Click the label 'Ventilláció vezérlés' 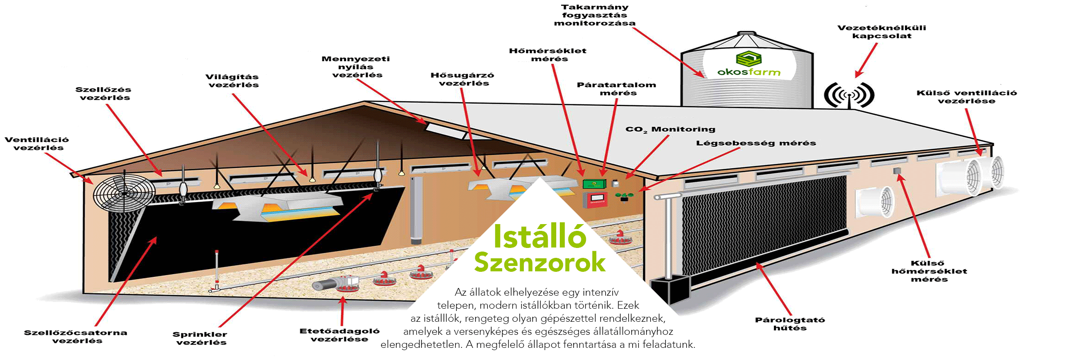click(x=37, y=144)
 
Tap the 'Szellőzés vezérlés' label click(x=103, y=94)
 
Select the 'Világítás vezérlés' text click(x=232, y=81)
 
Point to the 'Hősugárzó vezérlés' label click(x=463, y=79)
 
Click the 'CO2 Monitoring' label click(x=670, y=130)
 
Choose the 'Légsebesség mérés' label click(x=756, y=143)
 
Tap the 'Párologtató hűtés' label click(x=790, y=324)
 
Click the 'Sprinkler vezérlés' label click(x=200, y=338)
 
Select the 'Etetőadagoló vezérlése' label click(x=340, y=335)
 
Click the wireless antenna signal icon click(x=849, y=95)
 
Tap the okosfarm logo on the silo click(x=749, y=65)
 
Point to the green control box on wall click(x=594, y=184)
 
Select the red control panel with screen click(x=595, y=200)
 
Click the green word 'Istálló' click(x=540, y=236)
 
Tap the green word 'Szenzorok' click(x=540, y=262)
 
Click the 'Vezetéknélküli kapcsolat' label click(x=882, y=31)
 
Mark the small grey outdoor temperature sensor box click(x=897, y=171)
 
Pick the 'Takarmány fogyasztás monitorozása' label click(x=594, y=15)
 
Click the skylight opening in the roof click(x=443, y=131)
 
